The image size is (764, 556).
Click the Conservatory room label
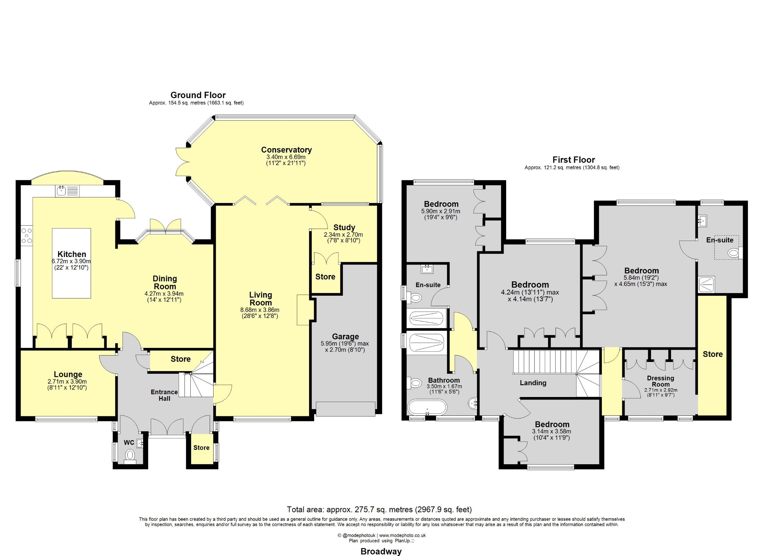pos(286,150)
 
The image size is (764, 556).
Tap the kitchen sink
pos(67,191)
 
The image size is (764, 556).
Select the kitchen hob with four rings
pos(27,235)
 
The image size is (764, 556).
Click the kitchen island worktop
pos(71,263)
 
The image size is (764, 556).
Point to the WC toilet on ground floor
pos(129,456)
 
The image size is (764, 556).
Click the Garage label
pos(345,336)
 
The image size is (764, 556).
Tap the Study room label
pos(344,227)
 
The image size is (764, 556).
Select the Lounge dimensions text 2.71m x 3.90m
pos(67,381)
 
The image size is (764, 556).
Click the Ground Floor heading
pos(198,95)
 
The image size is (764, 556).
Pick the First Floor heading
pos(574,160)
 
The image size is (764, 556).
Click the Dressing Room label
pos(661,381)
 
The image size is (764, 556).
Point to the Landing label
pos(533,383)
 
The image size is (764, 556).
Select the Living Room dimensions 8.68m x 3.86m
pos(260,310)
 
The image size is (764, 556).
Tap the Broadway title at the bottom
pos(381,552)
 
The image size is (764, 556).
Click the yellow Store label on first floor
pos(712,354)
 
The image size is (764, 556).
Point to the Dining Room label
pos(165,283)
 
